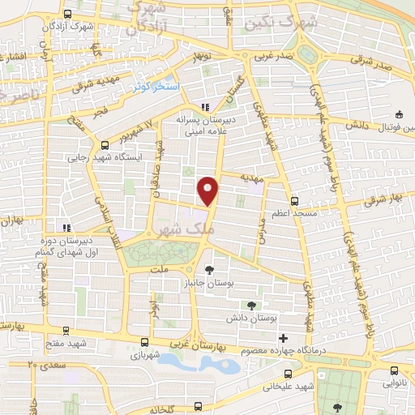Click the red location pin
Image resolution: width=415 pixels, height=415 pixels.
tap(209, 189)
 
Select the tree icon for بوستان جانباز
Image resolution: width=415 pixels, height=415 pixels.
tap(209, 269)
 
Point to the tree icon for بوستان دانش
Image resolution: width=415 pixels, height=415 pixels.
tap(251, 305)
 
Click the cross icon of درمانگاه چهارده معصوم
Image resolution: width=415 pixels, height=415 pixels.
tap(282, 337)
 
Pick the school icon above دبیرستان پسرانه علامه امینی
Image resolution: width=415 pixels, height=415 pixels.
tap(205, 107)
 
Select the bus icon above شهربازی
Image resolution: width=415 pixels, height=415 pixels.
tap(145, 342)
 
